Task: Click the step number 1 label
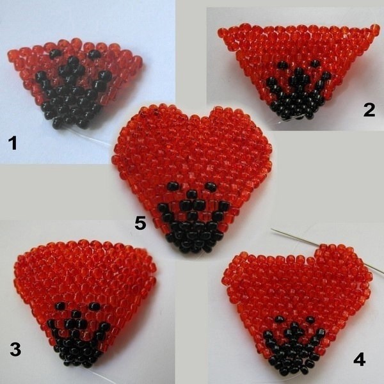13,143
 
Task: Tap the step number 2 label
369,111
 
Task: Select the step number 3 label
15,349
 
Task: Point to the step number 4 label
359,359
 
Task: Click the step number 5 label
140,223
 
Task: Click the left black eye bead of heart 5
173,187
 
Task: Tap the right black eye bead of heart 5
211,187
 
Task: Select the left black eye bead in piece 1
55,53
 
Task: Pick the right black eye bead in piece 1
94,54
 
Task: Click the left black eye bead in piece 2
283,65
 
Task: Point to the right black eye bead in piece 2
315,63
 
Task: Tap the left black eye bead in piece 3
60,306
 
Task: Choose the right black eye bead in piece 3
95,307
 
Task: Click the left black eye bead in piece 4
278,319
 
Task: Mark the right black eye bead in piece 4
310,319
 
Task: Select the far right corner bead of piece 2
374,29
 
